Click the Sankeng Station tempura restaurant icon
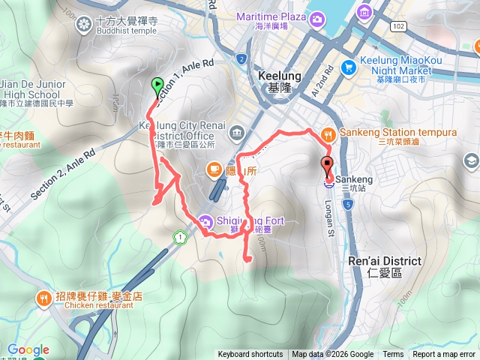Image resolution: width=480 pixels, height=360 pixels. pos(328,133)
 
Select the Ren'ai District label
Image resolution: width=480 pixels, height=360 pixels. pos(385,261)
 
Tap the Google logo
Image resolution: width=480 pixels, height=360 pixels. pos(28,349)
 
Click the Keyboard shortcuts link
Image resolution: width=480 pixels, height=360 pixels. pos(250,355)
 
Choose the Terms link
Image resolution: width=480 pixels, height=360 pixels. pos(393,355)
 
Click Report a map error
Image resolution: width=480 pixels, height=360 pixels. pos(445,355)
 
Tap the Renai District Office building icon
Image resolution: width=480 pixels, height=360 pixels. pos(237,133)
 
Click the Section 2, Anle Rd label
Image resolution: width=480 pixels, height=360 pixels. pos(63,174)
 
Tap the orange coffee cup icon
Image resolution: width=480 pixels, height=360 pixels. pos(214,169)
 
